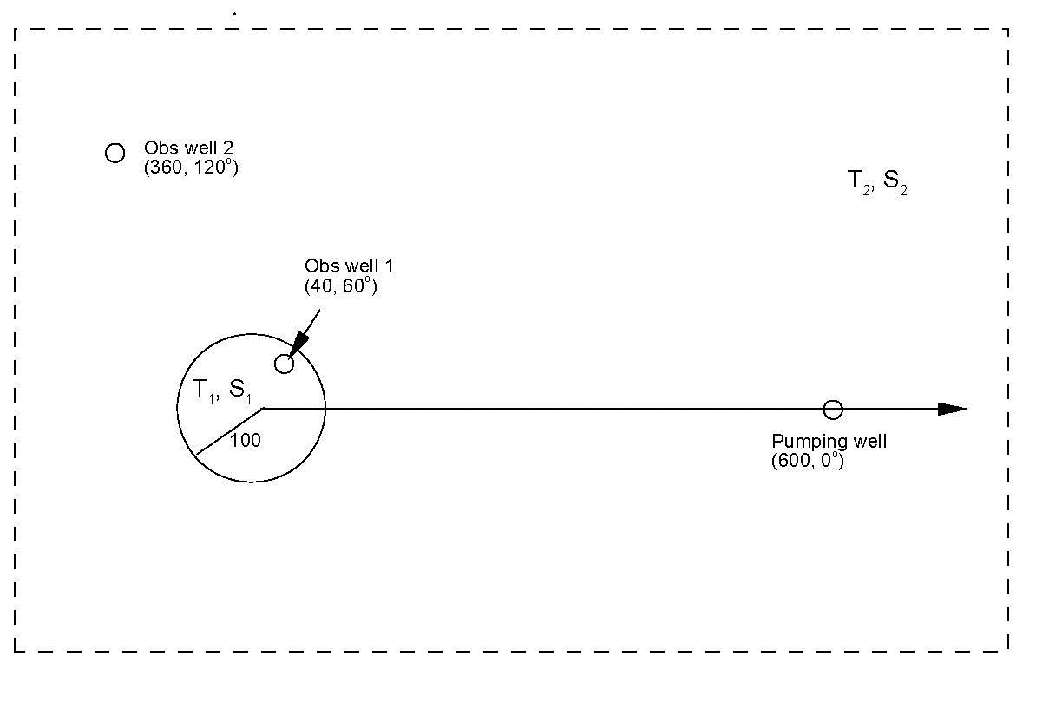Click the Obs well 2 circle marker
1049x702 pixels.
pos(115,153)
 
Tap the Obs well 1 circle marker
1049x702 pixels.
pos(284,364)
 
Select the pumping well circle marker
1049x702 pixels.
pos(833,409)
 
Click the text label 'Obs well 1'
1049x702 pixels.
pos(348,266)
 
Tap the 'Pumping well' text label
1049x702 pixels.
pos(829,442)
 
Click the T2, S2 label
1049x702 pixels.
pos(876,182)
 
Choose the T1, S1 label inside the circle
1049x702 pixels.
pos(214,391)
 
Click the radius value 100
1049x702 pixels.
pos(246,441)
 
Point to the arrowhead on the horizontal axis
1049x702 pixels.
pos(953,409)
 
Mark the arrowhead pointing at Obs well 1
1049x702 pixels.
pos(297,345)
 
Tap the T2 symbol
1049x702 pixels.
pos(858,182)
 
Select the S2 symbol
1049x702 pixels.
pos(895,183)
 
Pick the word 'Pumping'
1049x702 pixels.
pos(803,442)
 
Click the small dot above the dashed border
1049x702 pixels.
pos(235,14)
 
